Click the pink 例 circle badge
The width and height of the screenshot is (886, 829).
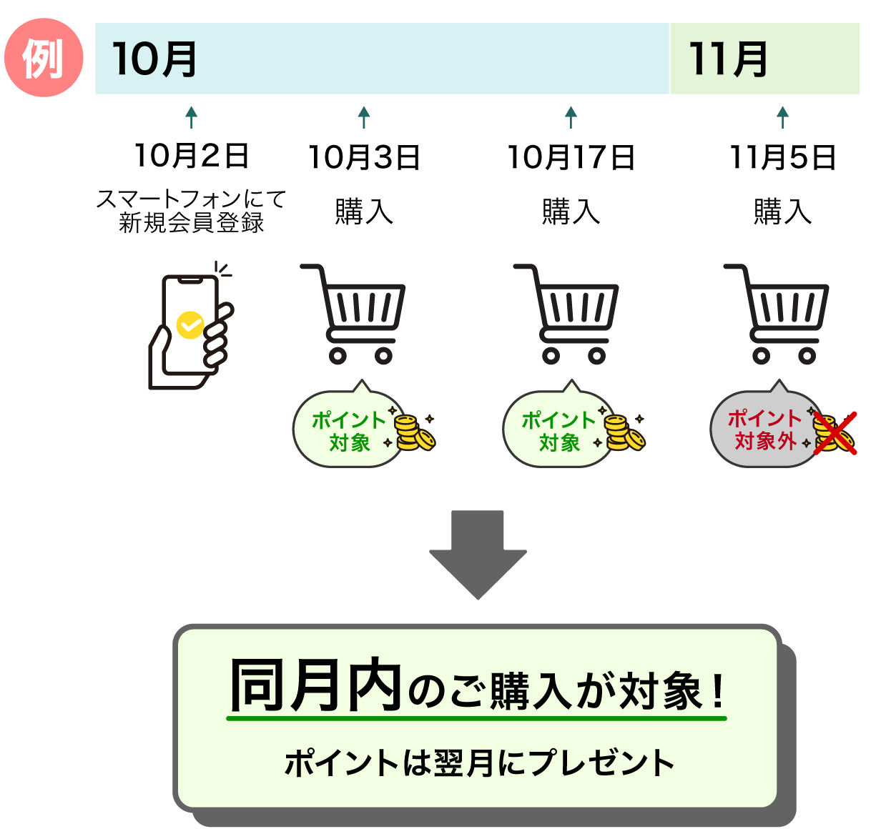click(x=44, y=58)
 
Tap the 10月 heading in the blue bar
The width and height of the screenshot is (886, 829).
click(x=154, y=59)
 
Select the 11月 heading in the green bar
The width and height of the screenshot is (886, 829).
click(x=728, y=59)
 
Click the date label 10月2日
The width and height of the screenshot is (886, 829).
click(x=191, y=156)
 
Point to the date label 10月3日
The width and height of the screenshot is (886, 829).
click(x=363, y=158)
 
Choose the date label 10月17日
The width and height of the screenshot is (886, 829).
click(x=571, y=158)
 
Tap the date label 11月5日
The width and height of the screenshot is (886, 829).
click(x=782, y=158)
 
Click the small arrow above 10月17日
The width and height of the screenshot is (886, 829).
click(x=571, y=117)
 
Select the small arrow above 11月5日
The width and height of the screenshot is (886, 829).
click(x=782, y=117)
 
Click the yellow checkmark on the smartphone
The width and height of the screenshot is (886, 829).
click(x=190, y=325)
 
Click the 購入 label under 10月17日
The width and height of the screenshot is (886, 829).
click(x=571, y=212)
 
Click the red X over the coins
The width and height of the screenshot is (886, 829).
click(x=835, y=432)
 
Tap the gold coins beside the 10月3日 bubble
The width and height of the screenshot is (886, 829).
click(x=413, y=433)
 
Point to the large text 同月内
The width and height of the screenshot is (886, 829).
click(x=315, y=686)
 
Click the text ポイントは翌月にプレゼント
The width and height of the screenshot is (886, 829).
click(x=478, y=763)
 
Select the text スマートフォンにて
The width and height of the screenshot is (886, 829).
click(x=191, y=199)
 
